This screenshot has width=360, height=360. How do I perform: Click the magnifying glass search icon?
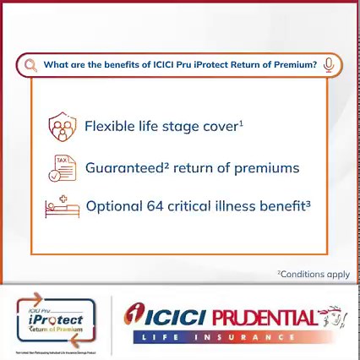pyautogui.click(x=30, y=65)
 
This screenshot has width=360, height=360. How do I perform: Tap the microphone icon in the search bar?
pyautogui.click(x=329, y=65)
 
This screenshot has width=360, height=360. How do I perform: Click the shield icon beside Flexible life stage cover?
pyautogui.click(x=62, y=127)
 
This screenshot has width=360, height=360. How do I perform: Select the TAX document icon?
pyautogui.click(x=62, y=168)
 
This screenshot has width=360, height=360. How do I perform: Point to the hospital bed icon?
pyautogui.click(x=62, y=206)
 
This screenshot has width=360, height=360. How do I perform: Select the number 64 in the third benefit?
pyautogui.click(x=154, y=206)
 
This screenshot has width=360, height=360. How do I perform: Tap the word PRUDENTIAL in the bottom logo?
pyautogui.click(x=262, y=319)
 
